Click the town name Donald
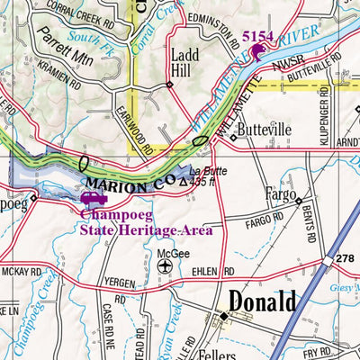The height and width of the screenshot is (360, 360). pos(261,301)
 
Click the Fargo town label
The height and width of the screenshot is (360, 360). pos(279,193)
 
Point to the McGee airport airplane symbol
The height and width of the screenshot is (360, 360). pos(162,267)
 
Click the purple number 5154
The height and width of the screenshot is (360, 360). pos(258,36)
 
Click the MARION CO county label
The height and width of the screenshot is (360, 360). pos(133,186)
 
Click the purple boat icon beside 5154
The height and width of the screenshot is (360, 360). pos(258,51)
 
